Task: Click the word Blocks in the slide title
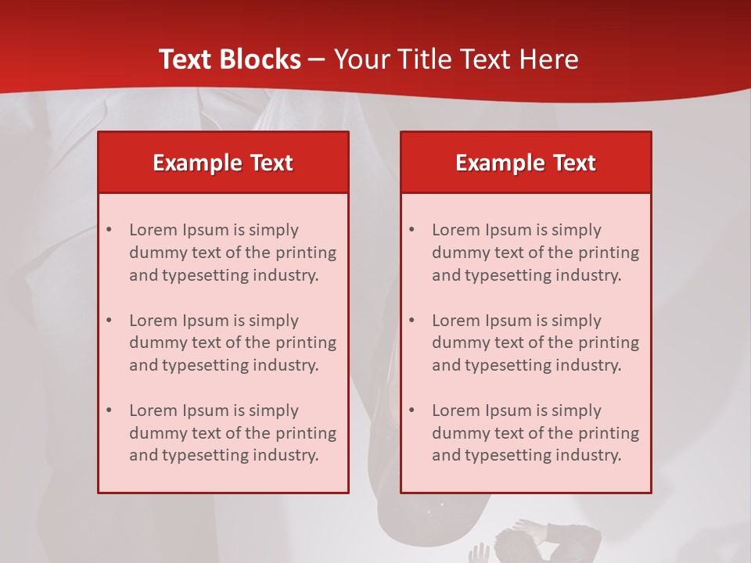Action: pos(260,59)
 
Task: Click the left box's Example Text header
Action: pos(223,163)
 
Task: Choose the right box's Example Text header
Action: pos(526,163)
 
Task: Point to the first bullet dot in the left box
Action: pos(110,231)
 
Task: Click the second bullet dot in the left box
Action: pos(110,321)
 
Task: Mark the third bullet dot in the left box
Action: pos(110,411)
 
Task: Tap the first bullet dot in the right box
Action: pos(412,231)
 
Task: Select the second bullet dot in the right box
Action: pos(412,321)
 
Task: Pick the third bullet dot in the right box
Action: pos(412,411)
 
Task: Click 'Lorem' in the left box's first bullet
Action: pos(153,230)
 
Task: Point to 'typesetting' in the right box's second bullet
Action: pos(505,365)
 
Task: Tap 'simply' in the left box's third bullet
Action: pos(274,411)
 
